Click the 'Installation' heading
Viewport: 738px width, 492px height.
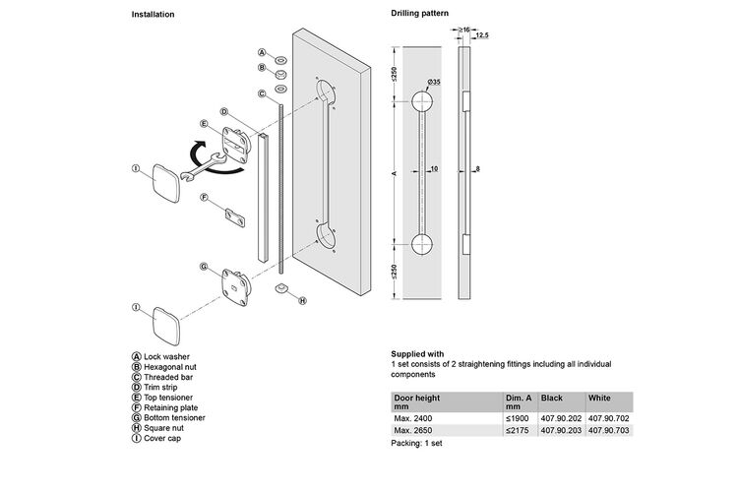pyautogui.click(x=153, y=15)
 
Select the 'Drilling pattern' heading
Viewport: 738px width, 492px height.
pyautogui.click(x=419, y=13)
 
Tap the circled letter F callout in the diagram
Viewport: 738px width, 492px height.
pyautogui.click(x=205, y=197)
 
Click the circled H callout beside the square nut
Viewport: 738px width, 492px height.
pyautogui.click(x=302, y=300)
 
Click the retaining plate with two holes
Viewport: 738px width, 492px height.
pyautogui.click(x=235, y=218)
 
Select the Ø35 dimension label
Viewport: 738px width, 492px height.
pyautogui.click(x=434, y=82)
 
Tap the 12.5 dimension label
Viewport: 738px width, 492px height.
pyautogui.click(x=482, y=35)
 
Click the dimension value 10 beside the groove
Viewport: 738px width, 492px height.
pyautogui.click(x=434, y=168)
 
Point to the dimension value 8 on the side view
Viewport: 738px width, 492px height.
pyautogui.click(x=477, y=168)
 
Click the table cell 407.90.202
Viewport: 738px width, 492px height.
pyautogui.click(x=561, y=418)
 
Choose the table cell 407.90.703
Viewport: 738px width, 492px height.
pyautogui.click(x=608, y=430)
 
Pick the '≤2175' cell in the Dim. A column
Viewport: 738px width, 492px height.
pyautogui.click(x=518, y=430)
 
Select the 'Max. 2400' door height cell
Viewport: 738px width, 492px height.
pyautogui.click(x=412, y=418)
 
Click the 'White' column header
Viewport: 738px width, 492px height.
pyautogui.click(x=599, y=398)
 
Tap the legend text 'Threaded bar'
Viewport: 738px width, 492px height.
pyautogui.click(x=168, y=377)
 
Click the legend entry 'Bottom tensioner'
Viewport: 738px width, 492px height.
pyautogui.click(x=174, y=417)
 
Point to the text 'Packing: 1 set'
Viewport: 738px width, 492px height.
pyautogui.click(x=416, y=443)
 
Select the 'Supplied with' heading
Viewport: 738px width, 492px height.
pyautogui.click(x=417, y=354)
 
